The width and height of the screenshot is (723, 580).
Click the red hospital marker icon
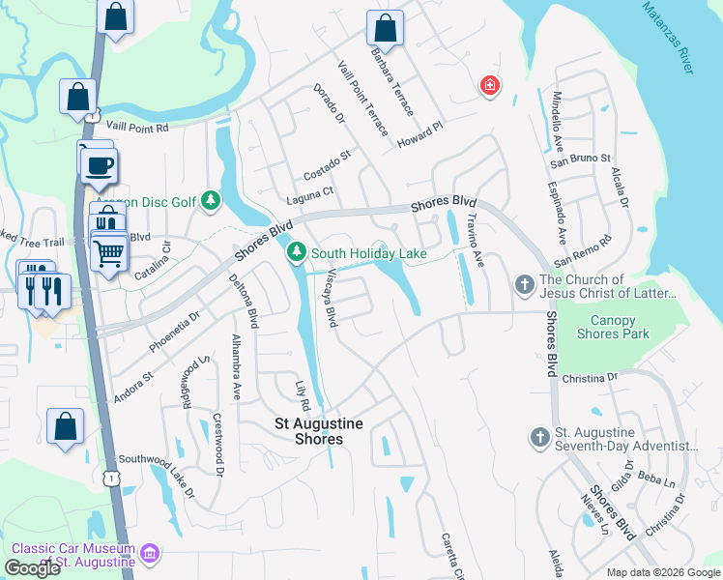491,86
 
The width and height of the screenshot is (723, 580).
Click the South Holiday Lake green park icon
296,253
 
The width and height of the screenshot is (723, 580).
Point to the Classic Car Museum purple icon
149,554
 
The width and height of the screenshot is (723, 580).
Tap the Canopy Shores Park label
619,328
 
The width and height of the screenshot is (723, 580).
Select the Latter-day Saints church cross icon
524,284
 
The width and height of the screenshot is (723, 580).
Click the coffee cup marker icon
99,163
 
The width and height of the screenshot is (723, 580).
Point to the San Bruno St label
580,159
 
